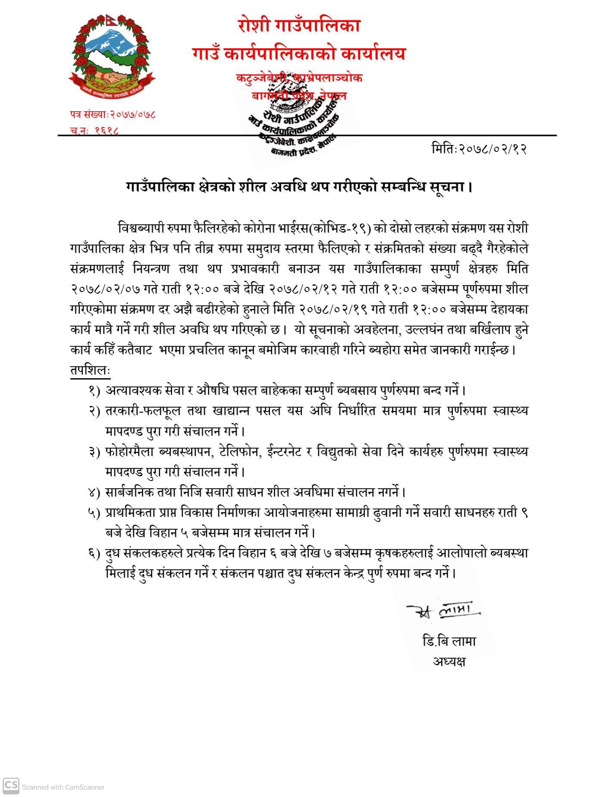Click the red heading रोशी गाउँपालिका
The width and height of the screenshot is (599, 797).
[298, 26]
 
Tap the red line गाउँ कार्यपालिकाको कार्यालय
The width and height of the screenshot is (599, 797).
[299, 54]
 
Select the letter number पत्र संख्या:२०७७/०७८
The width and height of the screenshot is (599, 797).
[113, 114]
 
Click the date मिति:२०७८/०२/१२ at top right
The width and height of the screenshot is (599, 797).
[479, 149]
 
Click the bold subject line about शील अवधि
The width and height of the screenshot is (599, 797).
[299, 187]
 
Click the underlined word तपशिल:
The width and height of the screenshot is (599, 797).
[90, 370]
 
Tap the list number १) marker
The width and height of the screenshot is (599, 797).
[94, 391]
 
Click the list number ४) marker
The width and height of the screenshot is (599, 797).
[94, 493]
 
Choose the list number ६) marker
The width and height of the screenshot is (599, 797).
[94, 553]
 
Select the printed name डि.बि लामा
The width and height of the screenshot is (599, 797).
[449, 641]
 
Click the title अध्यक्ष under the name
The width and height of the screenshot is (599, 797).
[449, 661]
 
